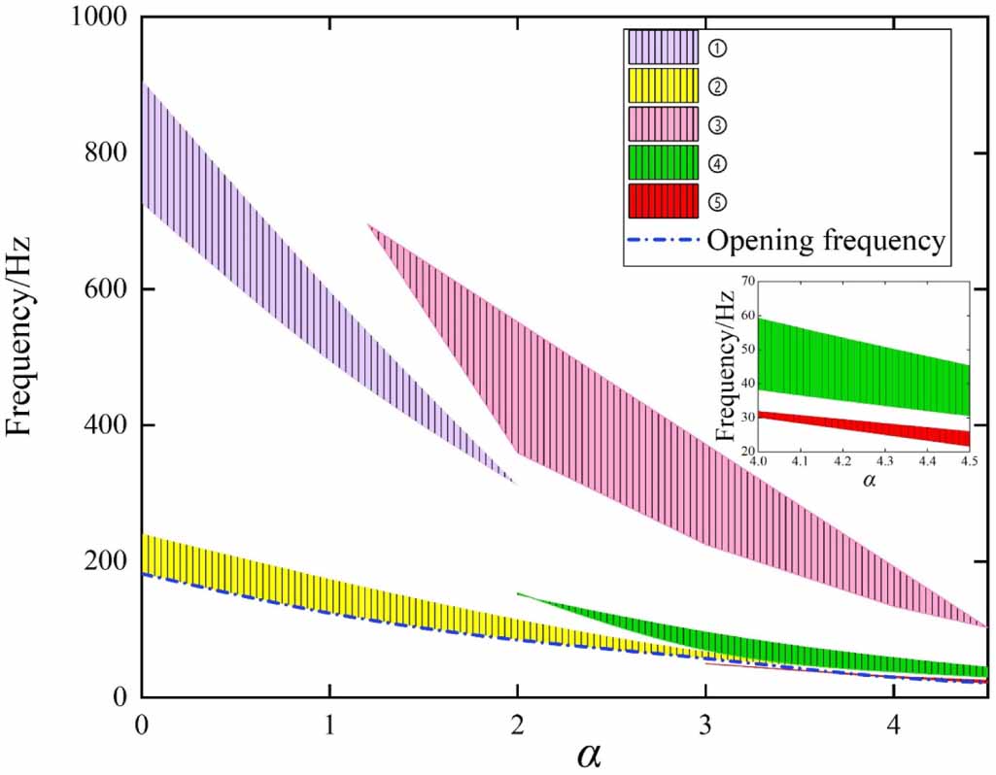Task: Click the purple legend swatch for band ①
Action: pyautogui.click(x=663, y=46)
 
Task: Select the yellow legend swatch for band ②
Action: pyautogui.click(x=663, y=85)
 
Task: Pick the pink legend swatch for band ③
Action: pyautogui.click(x=663, y=123)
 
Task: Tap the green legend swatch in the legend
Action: pyautogui.click(x=663, y=162)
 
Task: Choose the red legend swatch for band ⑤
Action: pyautogui.click(x=663, y=201)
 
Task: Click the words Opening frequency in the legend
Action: pyautogui.click(x=826, y=241)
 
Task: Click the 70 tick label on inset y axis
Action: pyautogui.click(x=746, y=281)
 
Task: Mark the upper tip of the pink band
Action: pyautogui.click(x=368, y=224)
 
